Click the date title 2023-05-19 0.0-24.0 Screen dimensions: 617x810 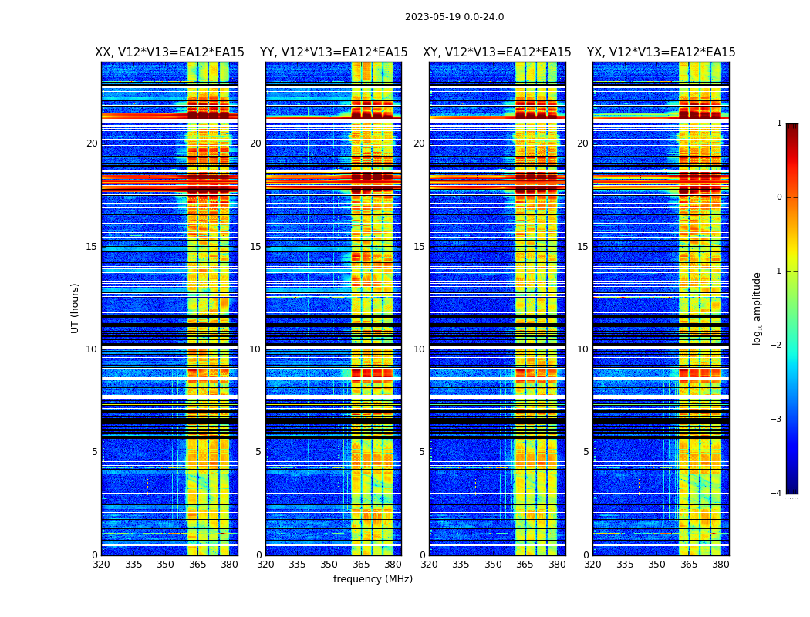454,17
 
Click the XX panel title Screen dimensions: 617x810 170,52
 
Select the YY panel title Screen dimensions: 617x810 333,52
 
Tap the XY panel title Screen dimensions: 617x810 497,52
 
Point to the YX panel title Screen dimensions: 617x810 661,52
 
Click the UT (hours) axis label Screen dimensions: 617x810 76,308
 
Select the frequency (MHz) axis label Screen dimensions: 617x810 373,579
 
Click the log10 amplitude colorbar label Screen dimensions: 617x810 758,308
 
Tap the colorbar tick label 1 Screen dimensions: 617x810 779,123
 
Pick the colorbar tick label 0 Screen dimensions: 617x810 779,197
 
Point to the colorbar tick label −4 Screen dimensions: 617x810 776,494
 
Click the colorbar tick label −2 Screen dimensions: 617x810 776,346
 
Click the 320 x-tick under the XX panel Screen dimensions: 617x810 101,565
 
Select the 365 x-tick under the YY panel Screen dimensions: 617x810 361,565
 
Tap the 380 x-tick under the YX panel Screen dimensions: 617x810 721,565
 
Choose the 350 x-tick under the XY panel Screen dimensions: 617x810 493,565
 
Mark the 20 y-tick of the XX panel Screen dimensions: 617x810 92,143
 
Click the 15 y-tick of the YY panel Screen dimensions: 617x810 255,247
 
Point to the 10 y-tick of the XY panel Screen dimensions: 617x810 419,349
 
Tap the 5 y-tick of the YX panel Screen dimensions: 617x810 586,452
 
